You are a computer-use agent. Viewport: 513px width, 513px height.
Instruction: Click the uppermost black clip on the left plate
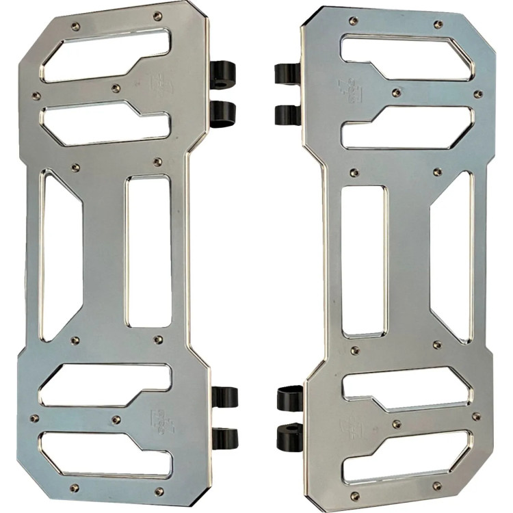point(222,71)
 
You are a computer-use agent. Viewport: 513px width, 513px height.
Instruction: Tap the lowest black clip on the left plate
point(224,438)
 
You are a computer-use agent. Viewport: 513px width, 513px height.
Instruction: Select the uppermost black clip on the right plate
point(287,73)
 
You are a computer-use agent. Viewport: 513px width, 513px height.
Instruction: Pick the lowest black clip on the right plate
point(289,437)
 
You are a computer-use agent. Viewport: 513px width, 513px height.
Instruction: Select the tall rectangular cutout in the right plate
point(364,261)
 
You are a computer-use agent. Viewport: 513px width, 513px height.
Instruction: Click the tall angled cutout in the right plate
point(451,256)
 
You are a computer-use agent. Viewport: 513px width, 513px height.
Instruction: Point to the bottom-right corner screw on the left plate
point(159,491)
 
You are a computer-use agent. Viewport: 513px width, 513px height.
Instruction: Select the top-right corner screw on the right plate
point(438,25)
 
